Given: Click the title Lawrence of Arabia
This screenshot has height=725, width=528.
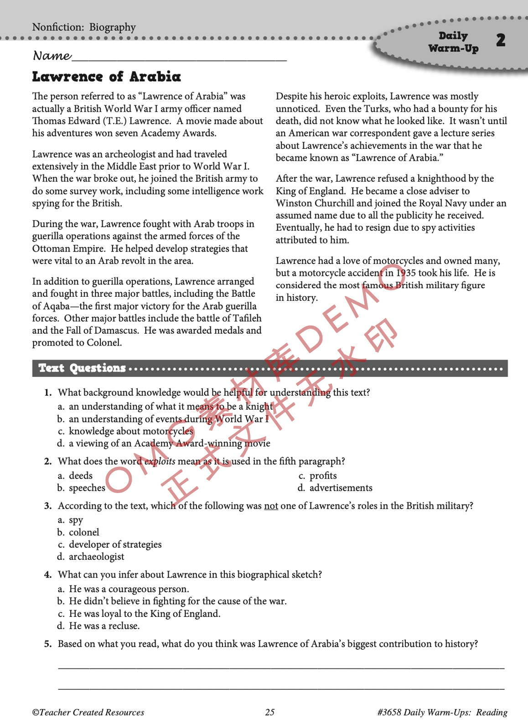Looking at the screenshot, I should pyautogui.click(x=106, y=77).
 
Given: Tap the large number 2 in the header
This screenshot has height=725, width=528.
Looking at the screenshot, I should pyautogui.click(x=501, y=40).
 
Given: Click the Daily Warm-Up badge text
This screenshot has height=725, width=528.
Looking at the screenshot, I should pyautogui.click(x=453, y=42).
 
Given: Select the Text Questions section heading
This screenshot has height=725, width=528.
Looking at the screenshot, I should pyautogui.click(x=82, y=368).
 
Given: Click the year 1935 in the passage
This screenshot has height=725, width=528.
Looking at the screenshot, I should pyautogui.click(x=407, y=273).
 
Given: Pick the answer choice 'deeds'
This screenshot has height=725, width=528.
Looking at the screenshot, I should pyautogui.click(x=81, y=476).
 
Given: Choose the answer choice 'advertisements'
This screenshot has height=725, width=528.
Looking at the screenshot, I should pyautogui.click(x=341, y=488).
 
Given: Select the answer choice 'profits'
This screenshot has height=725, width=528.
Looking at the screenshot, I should pyautogui.click(x=323, y=476).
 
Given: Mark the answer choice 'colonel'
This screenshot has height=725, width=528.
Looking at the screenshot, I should pyautogui.click(x=84, y=532).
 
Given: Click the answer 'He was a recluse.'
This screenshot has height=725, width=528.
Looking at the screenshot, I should pyautogui.click(x=104, y=626).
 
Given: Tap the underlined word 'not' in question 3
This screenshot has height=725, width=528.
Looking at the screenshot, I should pyautogui.click(x=271, y=506).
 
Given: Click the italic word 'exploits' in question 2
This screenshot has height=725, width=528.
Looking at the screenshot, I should pyautogui.click(x=160, y=462).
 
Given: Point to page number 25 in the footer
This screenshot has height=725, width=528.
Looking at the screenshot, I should pyautogui.click(x=270, y=712).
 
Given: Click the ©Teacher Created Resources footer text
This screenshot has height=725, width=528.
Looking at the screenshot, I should pyautogui.click(x=88, y=712).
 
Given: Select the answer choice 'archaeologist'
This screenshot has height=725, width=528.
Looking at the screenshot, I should pyautogui.click(x=96, y=557).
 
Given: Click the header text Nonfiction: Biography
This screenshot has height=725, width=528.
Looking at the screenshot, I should pyautogui.click(x=84, y=27).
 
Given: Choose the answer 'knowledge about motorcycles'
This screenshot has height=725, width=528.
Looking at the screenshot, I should pyautogui.click(x=131, y=431).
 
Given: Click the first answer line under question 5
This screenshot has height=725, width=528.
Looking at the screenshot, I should pyautogui.click(x=281, y=668).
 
